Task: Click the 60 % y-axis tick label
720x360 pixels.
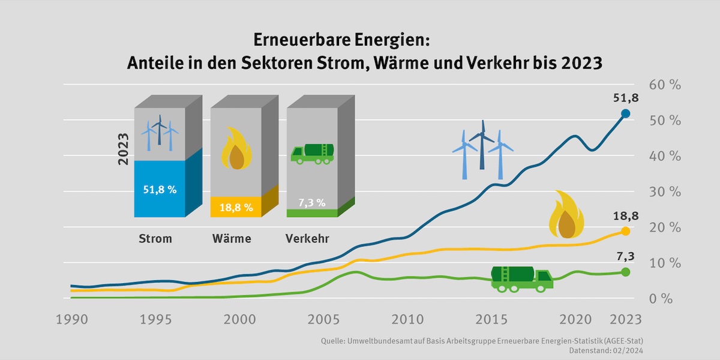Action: pos(666,85)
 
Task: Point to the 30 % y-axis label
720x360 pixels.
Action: pos(666,192)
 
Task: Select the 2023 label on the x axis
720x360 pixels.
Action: pos(624,319)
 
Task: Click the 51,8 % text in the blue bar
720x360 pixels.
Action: pos(160,190)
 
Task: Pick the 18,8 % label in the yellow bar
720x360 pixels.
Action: pos(236,206)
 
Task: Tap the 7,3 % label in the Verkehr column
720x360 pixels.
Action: pos(312,202)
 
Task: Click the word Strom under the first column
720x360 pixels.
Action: pos(155,238)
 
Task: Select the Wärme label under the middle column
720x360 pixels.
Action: pos(232,238)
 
